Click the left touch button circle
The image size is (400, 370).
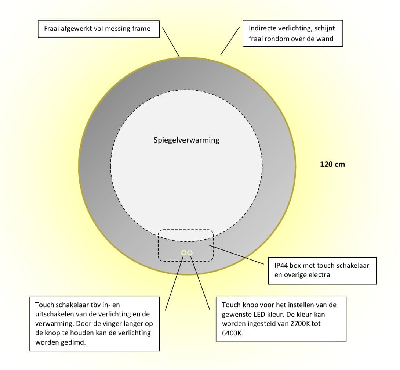tap(183, 253)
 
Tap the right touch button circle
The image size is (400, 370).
tap(190, 253)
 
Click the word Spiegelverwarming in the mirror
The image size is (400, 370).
tap(186, 140)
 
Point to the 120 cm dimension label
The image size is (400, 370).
tap(332, 164)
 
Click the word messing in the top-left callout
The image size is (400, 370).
tap(117, 29)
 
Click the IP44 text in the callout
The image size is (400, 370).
tap(281, 265)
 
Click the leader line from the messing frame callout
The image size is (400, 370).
tap(171, 42)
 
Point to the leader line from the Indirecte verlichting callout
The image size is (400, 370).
tap(230, 40)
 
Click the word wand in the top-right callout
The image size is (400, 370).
tap(326, 38)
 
